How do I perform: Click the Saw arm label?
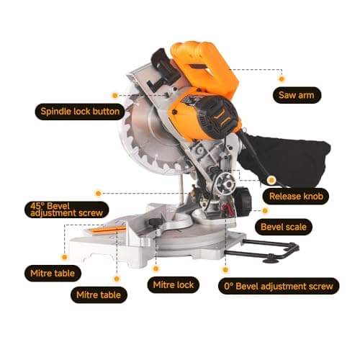click(300, 94)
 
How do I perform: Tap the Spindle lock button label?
click(79, 112)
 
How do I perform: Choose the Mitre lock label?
click(174, 285)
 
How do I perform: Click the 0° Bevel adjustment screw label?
click(278, 286)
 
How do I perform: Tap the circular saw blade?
click(148, 144)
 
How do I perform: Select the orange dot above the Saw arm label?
click(282, 76)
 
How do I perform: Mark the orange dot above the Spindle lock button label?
click(114, 95)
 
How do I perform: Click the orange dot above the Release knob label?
click(271, 179)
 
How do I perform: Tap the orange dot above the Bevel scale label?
click(266, 211)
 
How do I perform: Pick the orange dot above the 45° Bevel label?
click(98, 193)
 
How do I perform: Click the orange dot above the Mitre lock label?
click(158, 268)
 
